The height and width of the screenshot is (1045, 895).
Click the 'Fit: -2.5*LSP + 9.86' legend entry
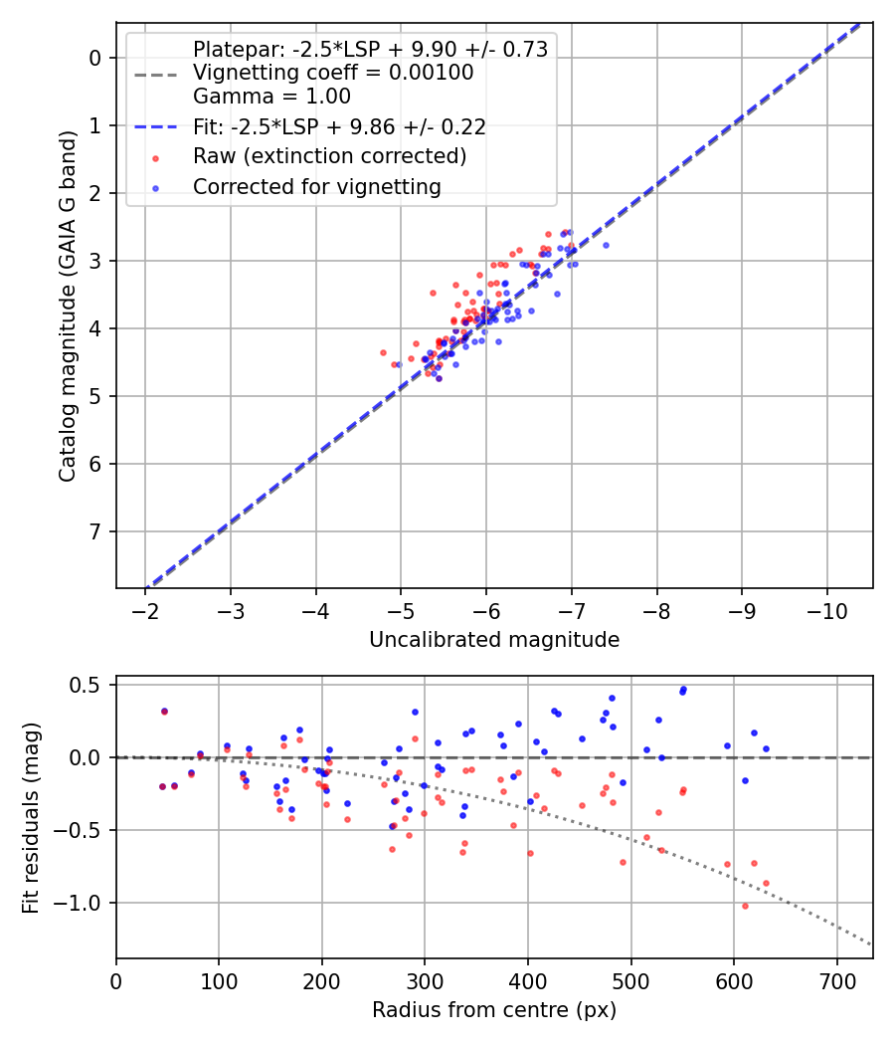338,127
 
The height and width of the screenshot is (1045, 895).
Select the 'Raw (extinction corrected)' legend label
329,156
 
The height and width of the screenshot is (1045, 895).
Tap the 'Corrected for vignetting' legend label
316,186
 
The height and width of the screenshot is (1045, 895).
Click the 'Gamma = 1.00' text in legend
271,97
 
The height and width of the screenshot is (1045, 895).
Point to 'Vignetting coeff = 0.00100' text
333,73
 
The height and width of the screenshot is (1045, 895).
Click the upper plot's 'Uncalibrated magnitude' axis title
494,640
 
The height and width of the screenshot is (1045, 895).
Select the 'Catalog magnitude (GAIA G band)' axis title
67,305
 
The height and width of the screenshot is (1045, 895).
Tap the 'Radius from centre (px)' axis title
494,1010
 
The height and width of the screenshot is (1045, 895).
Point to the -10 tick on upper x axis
826,608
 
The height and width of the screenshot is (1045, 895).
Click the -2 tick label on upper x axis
146,608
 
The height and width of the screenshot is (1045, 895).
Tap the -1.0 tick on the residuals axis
81,903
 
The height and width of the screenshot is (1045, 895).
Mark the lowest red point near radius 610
745,906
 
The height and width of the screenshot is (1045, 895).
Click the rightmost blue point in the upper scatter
606,245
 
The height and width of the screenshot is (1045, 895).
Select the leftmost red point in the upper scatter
383,352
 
